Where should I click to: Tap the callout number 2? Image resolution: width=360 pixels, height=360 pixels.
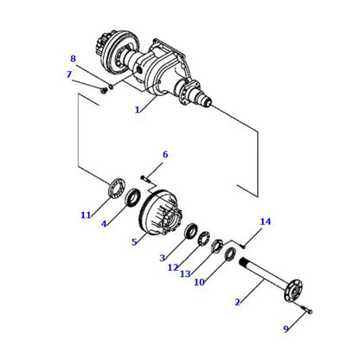(237, 302)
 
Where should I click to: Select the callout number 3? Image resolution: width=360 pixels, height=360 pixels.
(162, 258)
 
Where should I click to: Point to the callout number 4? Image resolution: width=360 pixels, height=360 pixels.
(104, 224)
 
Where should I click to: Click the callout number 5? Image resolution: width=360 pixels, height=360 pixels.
(134, 241)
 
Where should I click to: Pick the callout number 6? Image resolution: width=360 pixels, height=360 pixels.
(165, 155)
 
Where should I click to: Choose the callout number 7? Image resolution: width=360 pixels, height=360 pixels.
(68, 74)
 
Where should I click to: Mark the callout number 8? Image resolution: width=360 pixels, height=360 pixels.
(74, 59)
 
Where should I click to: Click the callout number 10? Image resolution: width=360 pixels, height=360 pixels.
(199, 282)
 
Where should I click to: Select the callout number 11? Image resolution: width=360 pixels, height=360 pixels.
(85, 215)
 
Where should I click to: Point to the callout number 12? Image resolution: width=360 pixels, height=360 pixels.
(173, 267)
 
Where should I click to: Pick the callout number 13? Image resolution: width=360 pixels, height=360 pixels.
(184, 274)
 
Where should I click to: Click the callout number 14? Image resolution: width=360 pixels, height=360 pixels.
(266, 222)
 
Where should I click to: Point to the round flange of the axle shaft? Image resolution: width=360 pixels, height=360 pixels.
(292, 287)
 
